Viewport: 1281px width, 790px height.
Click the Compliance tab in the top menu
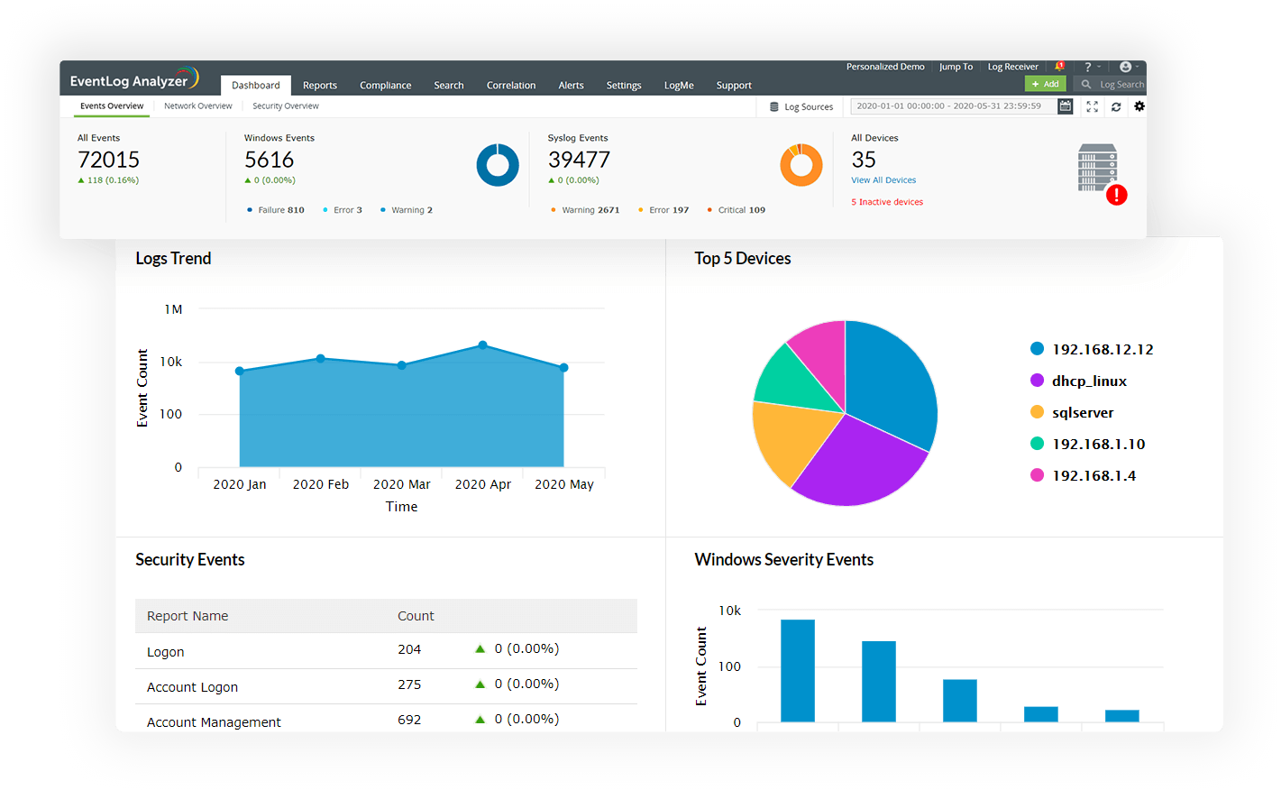(385, 86)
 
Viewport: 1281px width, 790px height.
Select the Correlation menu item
(511, 86)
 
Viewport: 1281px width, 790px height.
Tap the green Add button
(1046, 84)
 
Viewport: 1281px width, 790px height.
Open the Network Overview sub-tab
(198, 106)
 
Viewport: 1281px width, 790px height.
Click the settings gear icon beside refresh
(1139, 106)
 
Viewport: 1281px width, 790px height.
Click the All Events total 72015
(109, 160)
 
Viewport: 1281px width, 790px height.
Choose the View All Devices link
(883, 180)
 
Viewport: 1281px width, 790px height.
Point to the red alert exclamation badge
(1116, 195)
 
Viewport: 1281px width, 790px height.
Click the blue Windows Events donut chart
(498, 165)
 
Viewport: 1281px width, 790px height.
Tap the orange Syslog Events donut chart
(801, 165)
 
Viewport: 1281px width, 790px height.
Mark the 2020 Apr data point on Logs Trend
(483, 345)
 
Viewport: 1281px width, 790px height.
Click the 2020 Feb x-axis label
(321, 484)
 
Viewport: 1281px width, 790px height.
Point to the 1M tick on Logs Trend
(174, 309)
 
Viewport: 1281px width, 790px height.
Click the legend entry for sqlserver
(1083, 412)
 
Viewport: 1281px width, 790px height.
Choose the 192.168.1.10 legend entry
(1098, 444)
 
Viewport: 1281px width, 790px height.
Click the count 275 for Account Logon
(409, 684)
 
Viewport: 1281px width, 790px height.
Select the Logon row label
(166, 652)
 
